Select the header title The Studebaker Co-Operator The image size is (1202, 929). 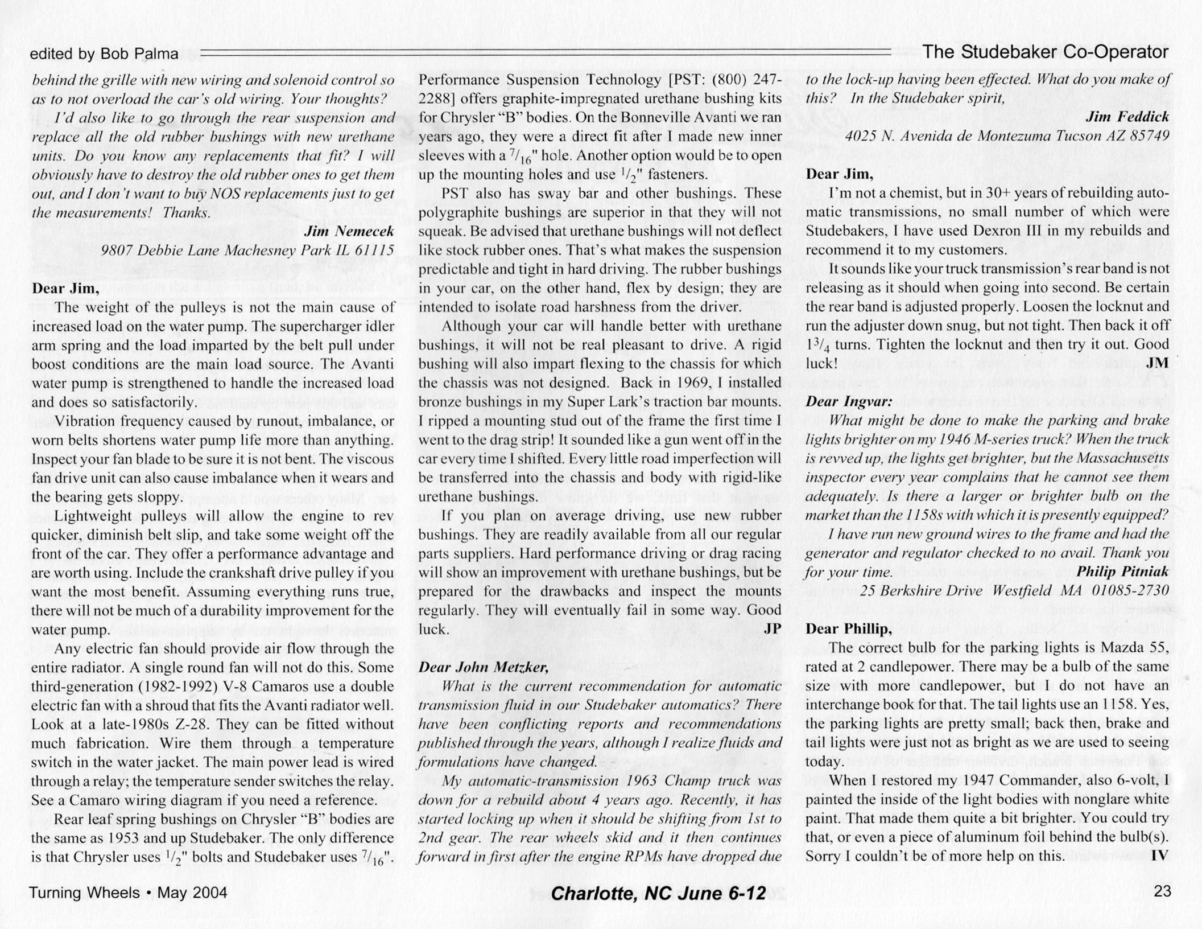click(1045, 52)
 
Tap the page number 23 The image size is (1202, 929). click(1162, 891)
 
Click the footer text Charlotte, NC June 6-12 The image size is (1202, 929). click(658, 893)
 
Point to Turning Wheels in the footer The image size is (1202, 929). click(84, 893)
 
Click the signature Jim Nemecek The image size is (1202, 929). click(349, 231)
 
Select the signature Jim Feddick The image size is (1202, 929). click(1127, 117)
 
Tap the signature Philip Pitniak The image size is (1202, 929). click(1122, 571)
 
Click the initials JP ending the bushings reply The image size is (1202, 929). click(772, 628)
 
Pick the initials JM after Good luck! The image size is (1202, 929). click(1158, 363)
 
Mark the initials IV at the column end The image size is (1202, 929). click(1159, 855)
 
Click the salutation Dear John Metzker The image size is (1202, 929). click(484, 667)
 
